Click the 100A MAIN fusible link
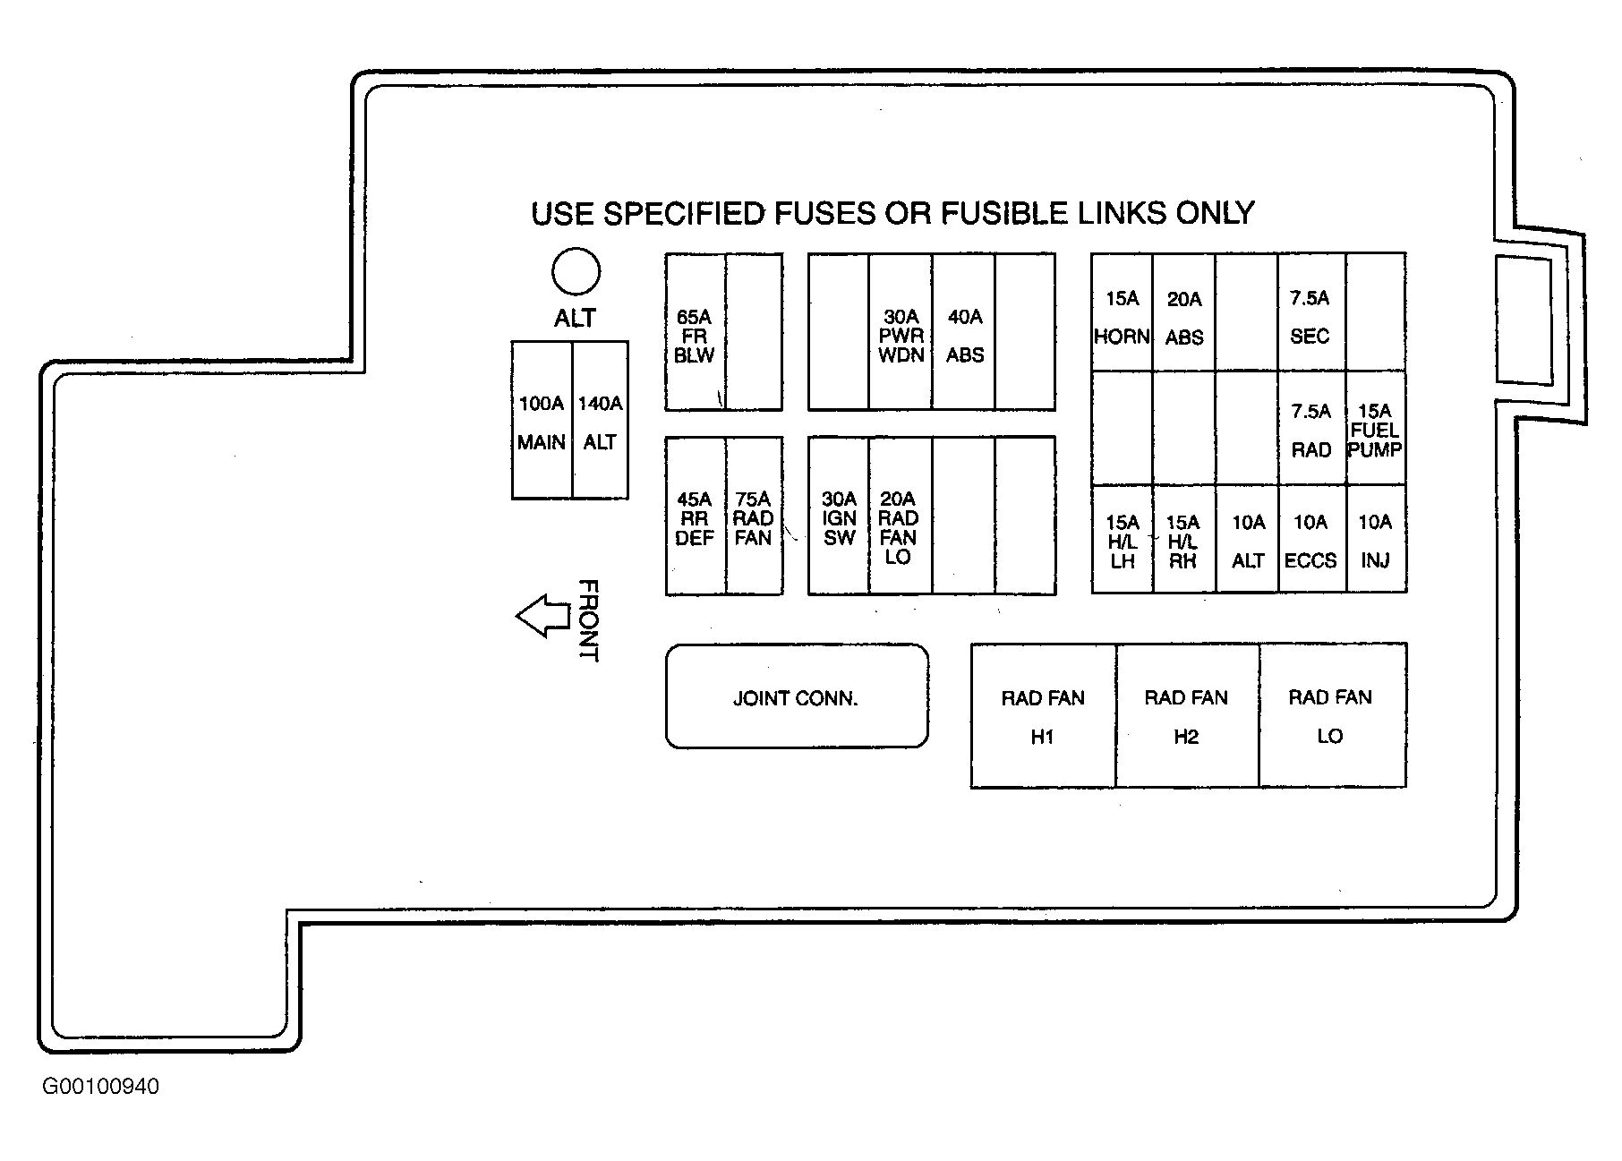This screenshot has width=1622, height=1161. (x=542, y=420)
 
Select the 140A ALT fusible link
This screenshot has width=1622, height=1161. (x=600, y=420)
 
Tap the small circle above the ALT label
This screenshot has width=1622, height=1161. (x=576, y=271)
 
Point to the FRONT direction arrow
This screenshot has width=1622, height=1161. (x=543, y=616)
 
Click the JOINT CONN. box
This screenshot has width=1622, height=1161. (x=797, y=696)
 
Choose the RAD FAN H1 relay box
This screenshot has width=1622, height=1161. (x=1043, y=715)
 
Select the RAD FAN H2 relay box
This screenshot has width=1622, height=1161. (x=1187, y=715)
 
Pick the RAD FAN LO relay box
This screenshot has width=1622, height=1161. (x=1332, y=715)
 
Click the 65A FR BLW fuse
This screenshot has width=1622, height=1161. (x=695, y=332)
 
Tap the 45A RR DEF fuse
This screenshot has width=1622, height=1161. (x=696, y=516)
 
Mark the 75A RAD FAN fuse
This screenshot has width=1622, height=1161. (x=754, y=516)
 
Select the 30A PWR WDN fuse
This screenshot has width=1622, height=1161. (x=901, y=332)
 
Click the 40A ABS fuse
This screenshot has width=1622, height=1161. (x=964, y=332)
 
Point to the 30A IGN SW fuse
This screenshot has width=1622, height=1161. (x=839, y=516)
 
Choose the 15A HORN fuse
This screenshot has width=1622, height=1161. (x=1122, y=312)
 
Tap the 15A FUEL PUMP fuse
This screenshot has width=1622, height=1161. (x=1376, y=428)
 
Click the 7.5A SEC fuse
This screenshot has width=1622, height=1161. (x=1310, y=312)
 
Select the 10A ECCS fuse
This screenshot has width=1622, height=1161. (x=1310, y=539)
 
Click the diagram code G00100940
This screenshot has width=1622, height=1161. (x=101, y=1087)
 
